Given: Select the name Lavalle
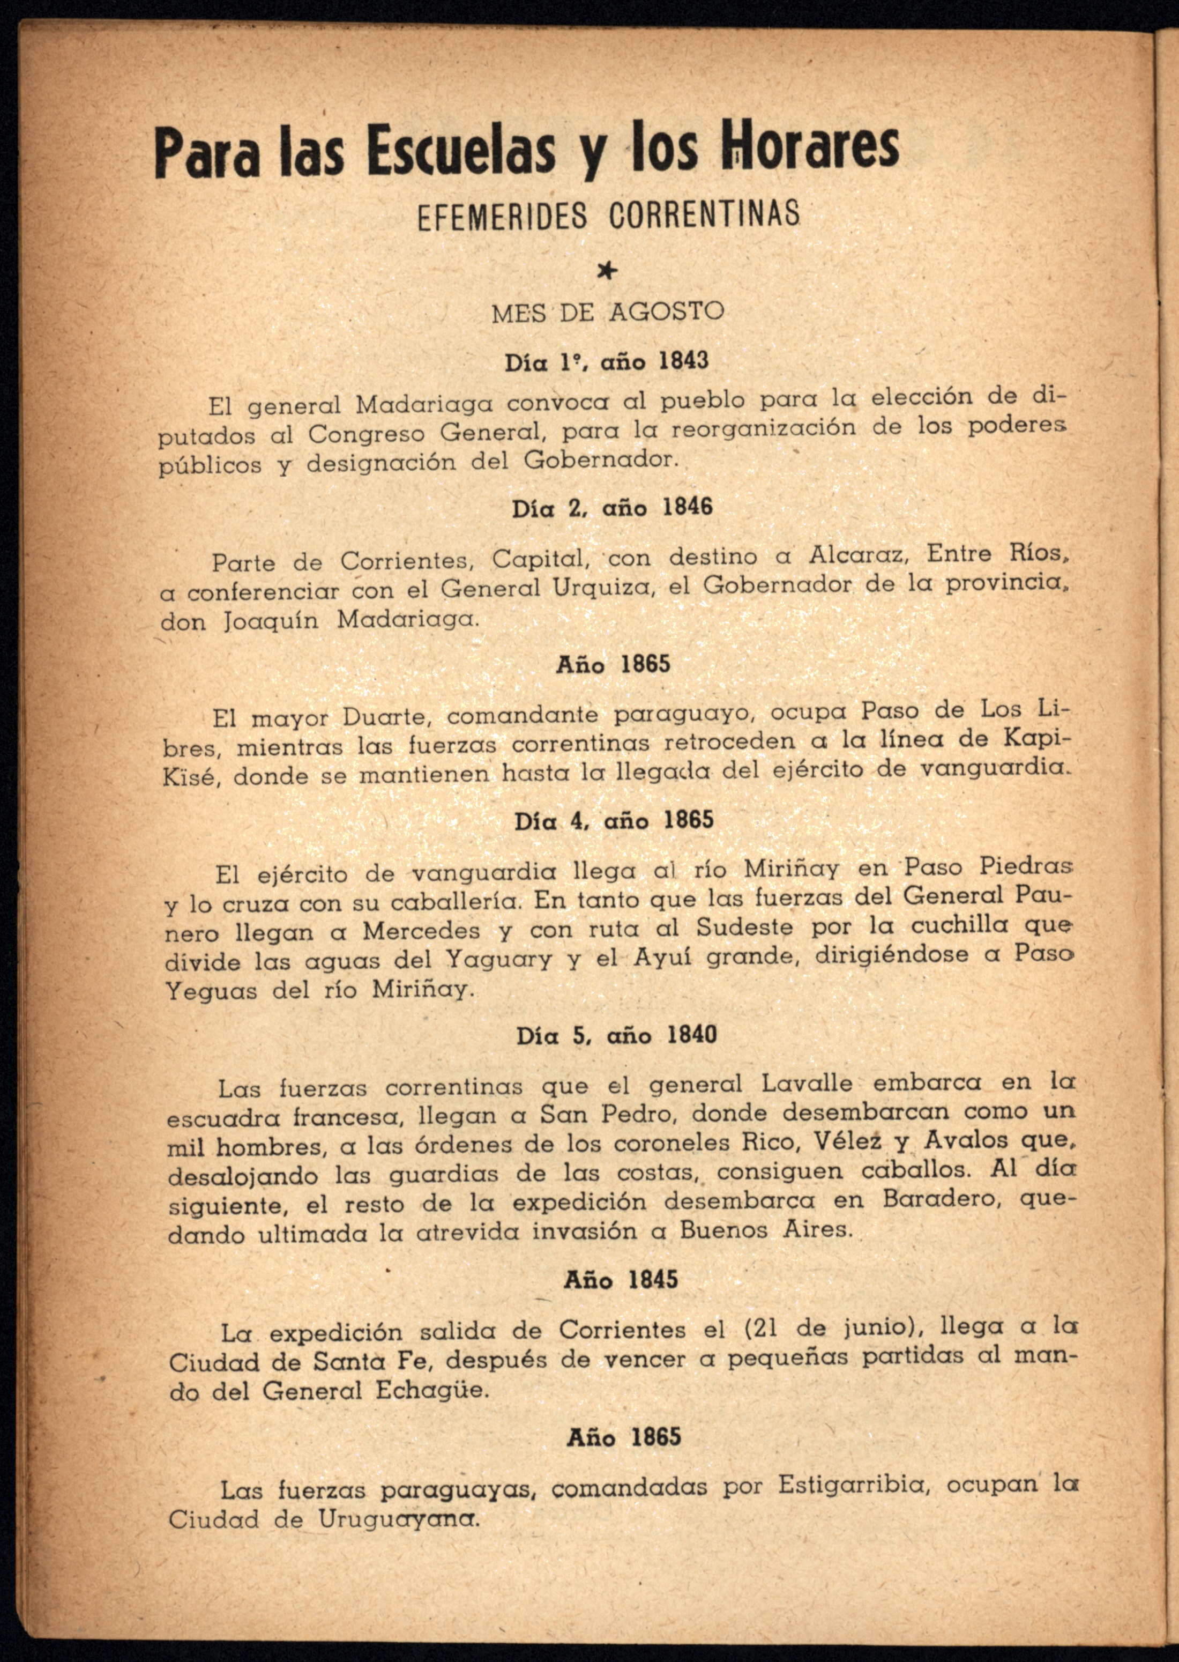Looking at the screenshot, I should click(807, 1084).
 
